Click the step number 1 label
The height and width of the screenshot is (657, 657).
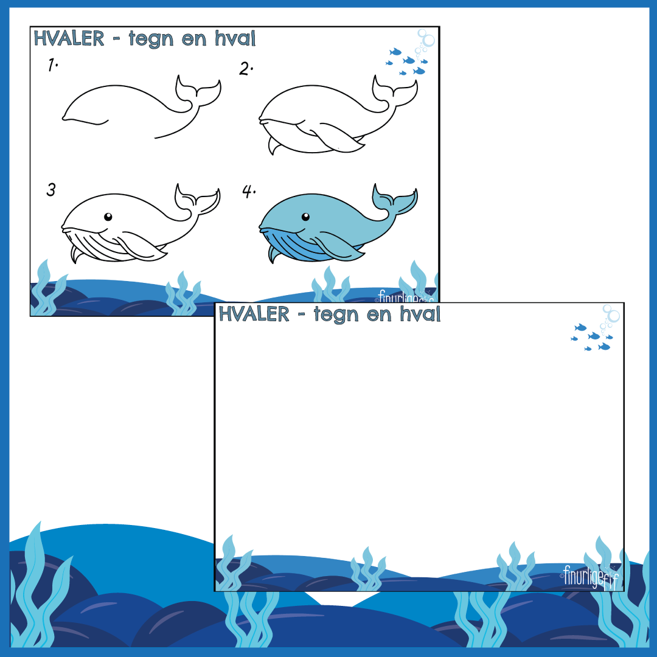click(x=52, y=65)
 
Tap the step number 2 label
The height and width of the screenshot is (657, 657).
click(x=246, y=69)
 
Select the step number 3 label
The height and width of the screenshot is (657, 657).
click(x=50, y=190)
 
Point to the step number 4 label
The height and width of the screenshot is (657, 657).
click(x=249, y=192)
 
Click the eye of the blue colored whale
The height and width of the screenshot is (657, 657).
click(x=305, y=217)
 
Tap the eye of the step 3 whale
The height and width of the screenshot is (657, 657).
click(x=108, y=217)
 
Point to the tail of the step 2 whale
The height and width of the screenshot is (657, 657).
click(x=395, y=92)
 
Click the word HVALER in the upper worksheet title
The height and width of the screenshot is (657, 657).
click(x=69, y=38)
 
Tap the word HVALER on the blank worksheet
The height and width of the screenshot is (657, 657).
click(x=254, y=315)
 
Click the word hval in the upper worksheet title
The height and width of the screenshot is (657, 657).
click(x=235, y=38)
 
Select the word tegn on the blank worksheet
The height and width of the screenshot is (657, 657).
click(x=336, y=315)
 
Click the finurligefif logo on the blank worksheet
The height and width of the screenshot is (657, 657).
click(x=589, y=577)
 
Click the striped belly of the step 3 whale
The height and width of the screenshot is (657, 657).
click(x=100, y=247)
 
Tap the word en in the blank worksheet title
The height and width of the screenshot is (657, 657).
click(x=379, y=315)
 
